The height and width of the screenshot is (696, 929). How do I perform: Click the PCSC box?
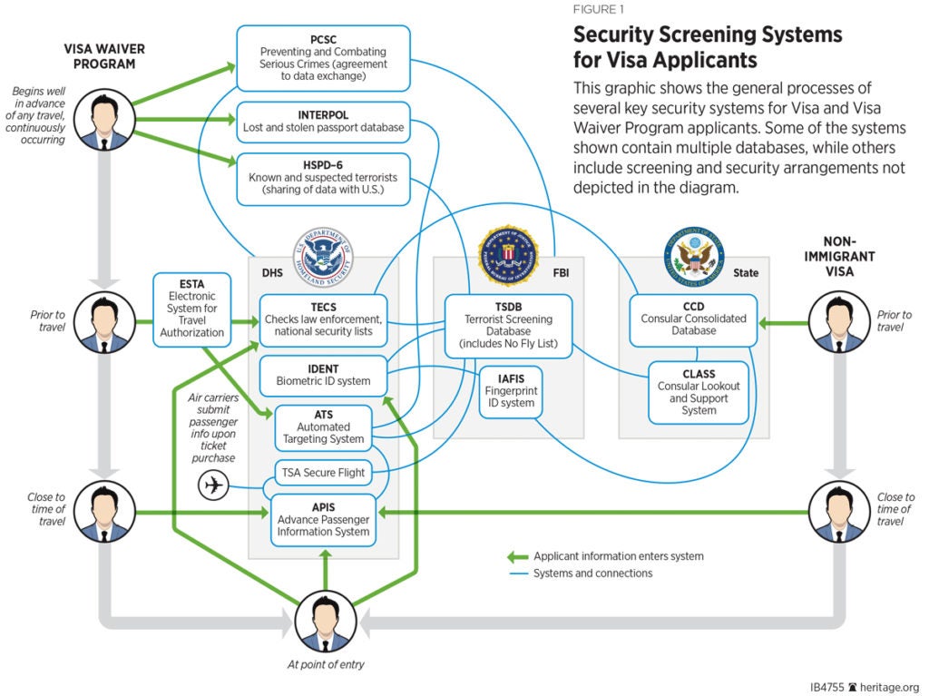[x=322, y=58]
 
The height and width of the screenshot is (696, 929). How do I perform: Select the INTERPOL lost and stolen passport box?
[x=323, y=122]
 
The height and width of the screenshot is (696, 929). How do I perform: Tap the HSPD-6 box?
[x=323, y=180]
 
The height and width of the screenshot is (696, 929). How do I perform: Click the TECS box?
[x=323, y=319]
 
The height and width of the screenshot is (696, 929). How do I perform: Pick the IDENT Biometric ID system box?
[x=323, y=375]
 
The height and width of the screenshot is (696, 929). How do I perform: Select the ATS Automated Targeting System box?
[x=323, y=426]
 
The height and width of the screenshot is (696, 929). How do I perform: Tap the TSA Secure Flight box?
[x=323, y=473]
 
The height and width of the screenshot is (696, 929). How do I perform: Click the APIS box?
[x=323, y=519]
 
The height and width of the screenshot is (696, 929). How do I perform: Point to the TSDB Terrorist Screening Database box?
[x=508, y=325]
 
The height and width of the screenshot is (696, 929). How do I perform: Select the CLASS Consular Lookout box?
[x=699, y=392]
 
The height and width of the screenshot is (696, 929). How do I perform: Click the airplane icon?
[x=213, y=486]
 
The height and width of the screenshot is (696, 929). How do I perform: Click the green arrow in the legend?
[x=517, y=556]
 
